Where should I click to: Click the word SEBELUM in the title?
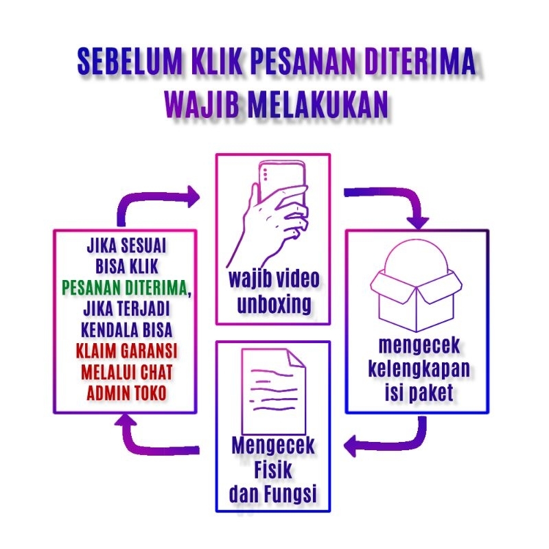(129, 62)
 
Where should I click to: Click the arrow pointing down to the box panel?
(398, 206)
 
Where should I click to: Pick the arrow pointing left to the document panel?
(384, 443)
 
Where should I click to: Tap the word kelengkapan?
(419, 369)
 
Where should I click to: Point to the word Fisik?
(273, 470)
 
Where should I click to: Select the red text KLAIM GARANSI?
(128, 351)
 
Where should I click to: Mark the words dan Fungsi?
(273, 493)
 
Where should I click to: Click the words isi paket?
(419, 393)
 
